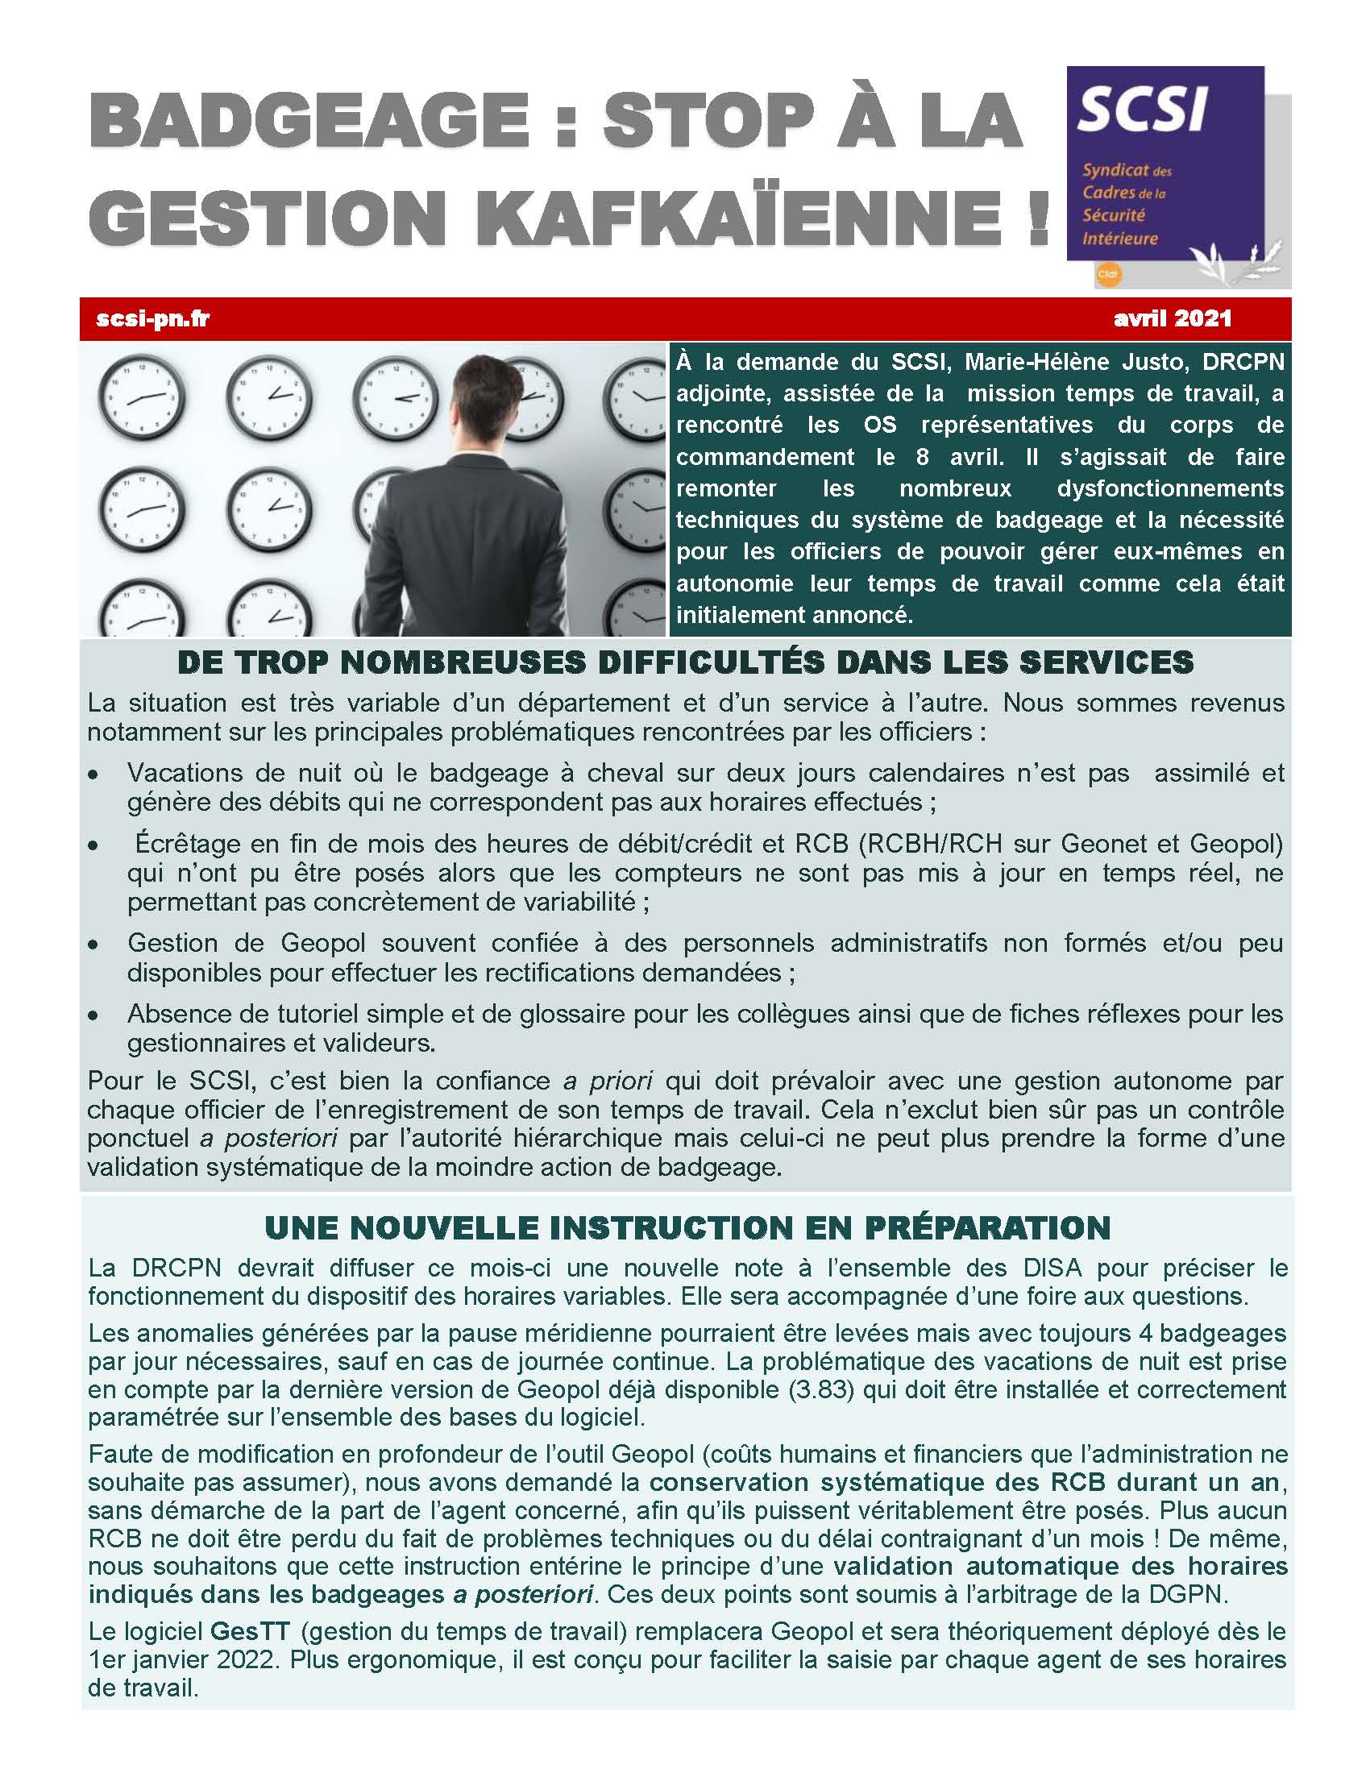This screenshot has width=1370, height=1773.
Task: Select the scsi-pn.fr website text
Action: (152, 318)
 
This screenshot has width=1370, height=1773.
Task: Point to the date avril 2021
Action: (1172, 318)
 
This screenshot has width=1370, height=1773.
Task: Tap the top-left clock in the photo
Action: (141, 397)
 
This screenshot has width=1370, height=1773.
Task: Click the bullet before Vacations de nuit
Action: (95, 775)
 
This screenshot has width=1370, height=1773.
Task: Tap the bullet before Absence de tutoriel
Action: (95, 1015)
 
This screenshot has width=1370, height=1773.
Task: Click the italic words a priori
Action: (608, 1081)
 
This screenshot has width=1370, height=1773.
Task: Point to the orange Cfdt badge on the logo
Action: (1107, 274)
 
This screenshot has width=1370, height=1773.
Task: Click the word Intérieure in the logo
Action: (1120, 239)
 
